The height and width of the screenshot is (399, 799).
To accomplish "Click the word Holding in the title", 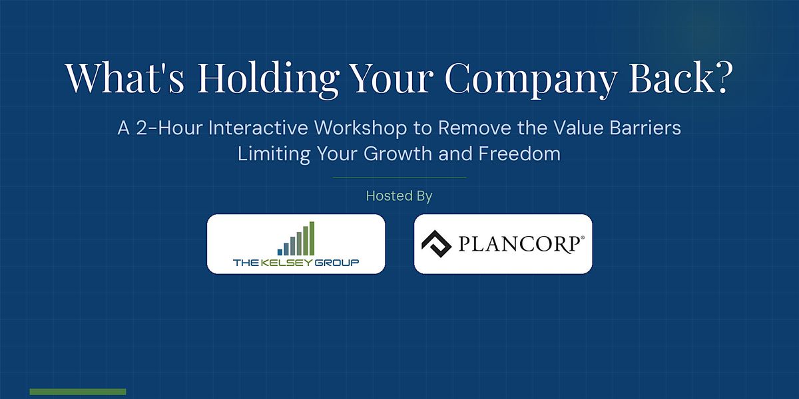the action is pos(268,79).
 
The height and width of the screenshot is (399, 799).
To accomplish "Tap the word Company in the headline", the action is pos(531,79).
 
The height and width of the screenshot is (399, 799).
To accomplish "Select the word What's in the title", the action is pos(125,77).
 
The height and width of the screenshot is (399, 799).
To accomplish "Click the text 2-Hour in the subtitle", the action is pos(169,128).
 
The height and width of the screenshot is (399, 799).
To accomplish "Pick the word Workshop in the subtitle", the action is pos(360,128).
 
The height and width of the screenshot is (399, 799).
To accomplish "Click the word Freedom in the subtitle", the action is pos(519,154).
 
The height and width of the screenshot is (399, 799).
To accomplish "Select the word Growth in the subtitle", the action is pos(398,154).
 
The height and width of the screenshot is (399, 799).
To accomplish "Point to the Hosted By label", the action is pos(399,196).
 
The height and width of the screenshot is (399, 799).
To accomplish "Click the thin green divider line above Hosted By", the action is pos(400,178).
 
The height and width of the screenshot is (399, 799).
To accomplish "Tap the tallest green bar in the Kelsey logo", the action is pos(312,238).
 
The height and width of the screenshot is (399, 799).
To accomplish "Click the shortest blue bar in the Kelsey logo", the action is pos(280,252).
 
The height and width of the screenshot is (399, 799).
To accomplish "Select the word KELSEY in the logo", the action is pos(286,263).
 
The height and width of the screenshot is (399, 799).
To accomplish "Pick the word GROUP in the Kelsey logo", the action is pos(336,263).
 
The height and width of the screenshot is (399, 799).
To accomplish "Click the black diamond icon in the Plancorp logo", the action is pos(437,243).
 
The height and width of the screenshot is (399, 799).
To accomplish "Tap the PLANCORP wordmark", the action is pos(519,245).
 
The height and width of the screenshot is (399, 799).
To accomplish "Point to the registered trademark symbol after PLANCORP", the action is pos(583,237).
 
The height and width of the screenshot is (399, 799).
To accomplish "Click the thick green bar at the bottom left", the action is pos(78,392).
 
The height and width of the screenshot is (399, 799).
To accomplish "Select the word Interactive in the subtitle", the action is pos(258,128).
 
